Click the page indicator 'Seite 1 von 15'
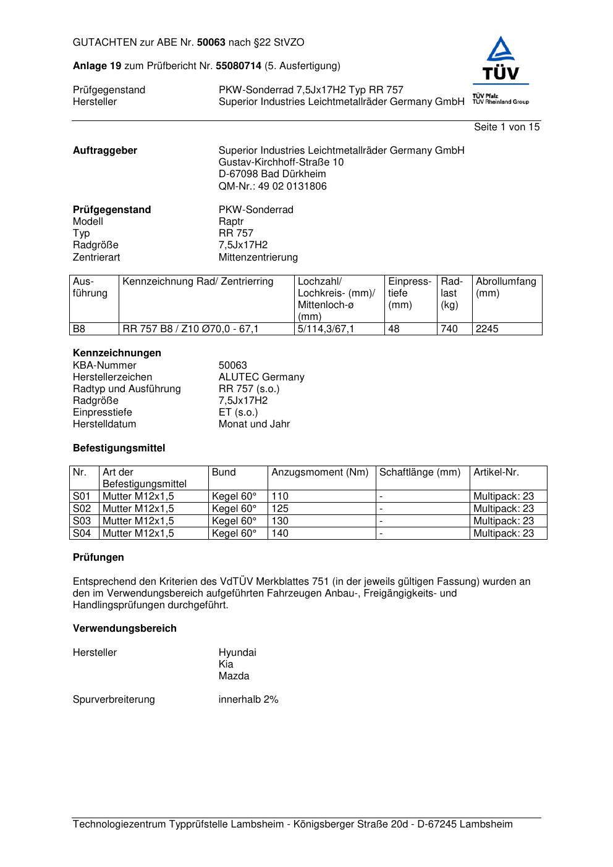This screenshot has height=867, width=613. [506, 127]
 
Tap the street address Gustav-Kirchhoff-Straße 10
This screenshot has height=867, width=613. [281, 162]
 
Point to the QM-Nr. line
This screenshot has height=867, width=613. [273, 186]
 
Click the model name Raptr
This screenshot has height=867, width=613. [231, 222]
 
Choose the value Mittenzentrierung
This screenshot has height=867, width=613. [258, 258]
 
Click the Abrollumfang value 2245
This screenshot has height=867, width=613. [487, 329]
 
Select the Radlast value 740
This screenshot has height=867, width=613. [449, 329]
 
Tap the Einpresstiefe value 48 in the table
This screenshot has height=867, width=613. [394, 329]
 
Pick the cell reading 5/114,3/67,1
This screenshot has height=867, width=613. [326, 329]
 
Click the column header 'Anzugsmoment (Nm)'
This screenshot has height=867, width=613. [319, 472]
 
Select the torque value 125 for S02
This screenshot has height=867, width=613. [280, 509]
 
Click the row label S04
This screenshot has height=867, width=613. [82, 534]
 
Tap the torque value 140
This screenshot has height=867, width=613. [280, 534]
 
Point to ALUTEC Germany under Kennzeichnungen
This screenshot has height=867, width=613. [261, 377]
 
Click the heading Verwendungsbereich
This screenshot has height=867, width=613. [124, 629]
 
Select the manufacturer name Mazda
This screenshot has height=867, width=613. [234, 676]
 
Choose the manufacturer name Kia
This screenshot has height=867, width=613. [226, 664]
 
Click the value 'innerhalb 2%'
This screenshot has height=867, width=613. [248, 700]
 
